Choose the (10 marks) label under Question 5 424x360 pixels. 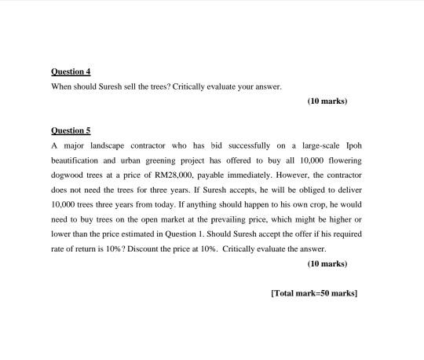pyautogui.click(x=327, y=263)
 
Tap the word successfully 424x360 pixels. pyautogui.click(x=239, y=145)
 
